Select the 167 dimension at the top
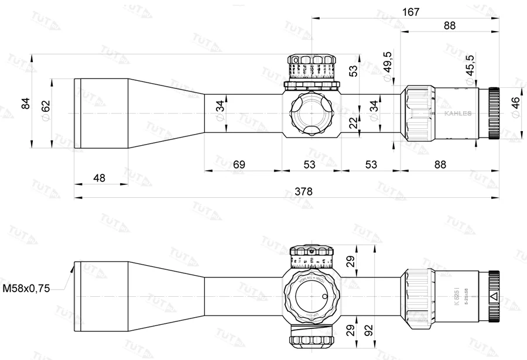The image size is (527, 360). pyautogui.click(x=410, y=11)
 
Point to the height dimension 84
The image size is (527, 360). pyautogui.click(x=25, y=103)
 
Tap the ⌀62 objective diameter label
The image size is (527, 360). pyautogui.click(x=46, y=108)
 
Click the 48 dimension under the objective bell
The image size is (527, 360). pyautogui.click(x=100, y=177)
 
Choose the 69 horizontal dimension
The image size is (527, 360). pyautogui.click(x=239, y=164)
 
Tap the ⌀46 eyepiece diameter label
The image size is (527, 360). pyautogui.click(x=515, y=107)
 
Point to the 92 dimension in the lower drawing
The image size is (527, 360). pyautogui.click(x=369, y=331)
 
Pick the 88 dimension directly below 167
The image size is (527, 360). pyautogui.click(x=450, y=25)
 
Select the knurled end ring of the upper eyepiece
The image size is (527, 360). pyautogui.click(x=493, y=113)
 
